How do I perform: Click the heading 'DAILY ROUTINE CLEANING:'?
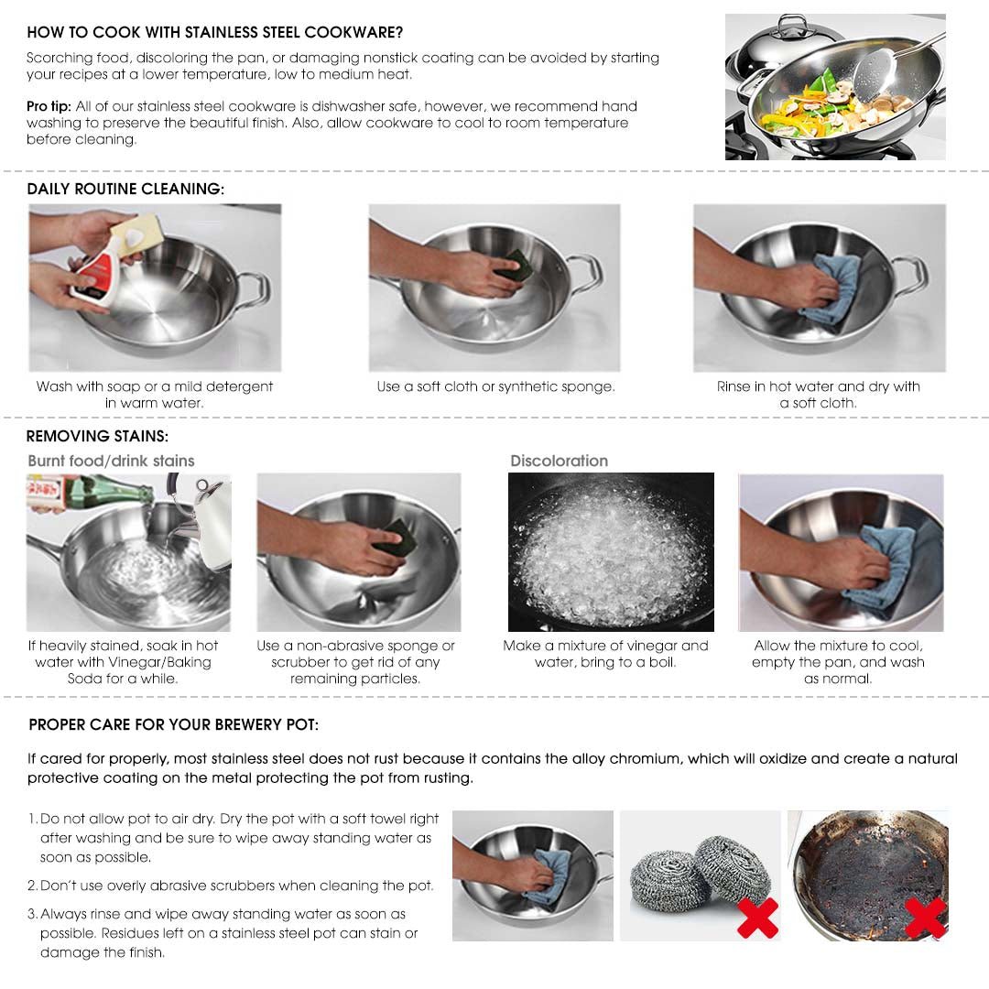click(x=125, y=189)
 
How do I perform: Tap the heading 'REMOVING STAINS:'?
click(x=97, y=436)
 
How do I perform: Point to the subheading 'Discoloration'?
click(x=559, y=461)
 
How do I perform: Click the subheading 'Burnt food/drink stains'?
click(x=111, y=461)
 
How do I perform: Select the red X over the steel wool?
click(x=756, y=918)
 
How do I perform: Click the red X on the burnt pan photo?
click(x=925, y=918)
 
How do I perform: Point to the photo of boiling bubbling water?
click(x=611, y=552)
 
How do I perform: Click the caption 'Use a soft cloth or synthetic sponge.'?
click(x=495, y=386)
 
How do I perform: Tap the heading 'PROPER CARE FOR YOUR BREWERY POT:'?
click(x=174, y=724)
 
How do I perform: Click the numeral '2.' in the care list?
click(x=33, y=886)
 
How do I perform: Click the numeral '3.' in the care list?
click(x=33, y=914)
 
